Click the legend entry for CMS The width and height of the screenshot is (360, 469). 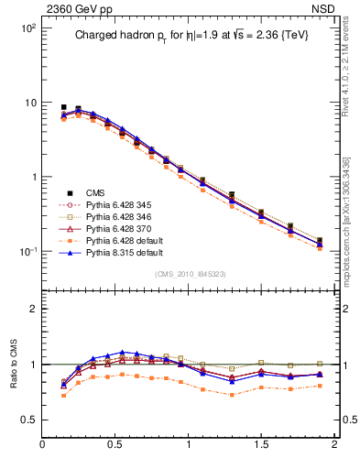tap(95, 192)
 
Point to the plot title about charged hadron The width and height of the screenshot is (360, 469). tap(191, 37)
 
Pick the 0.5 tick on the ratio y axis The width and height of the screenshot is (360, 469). tap(27, 420)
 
